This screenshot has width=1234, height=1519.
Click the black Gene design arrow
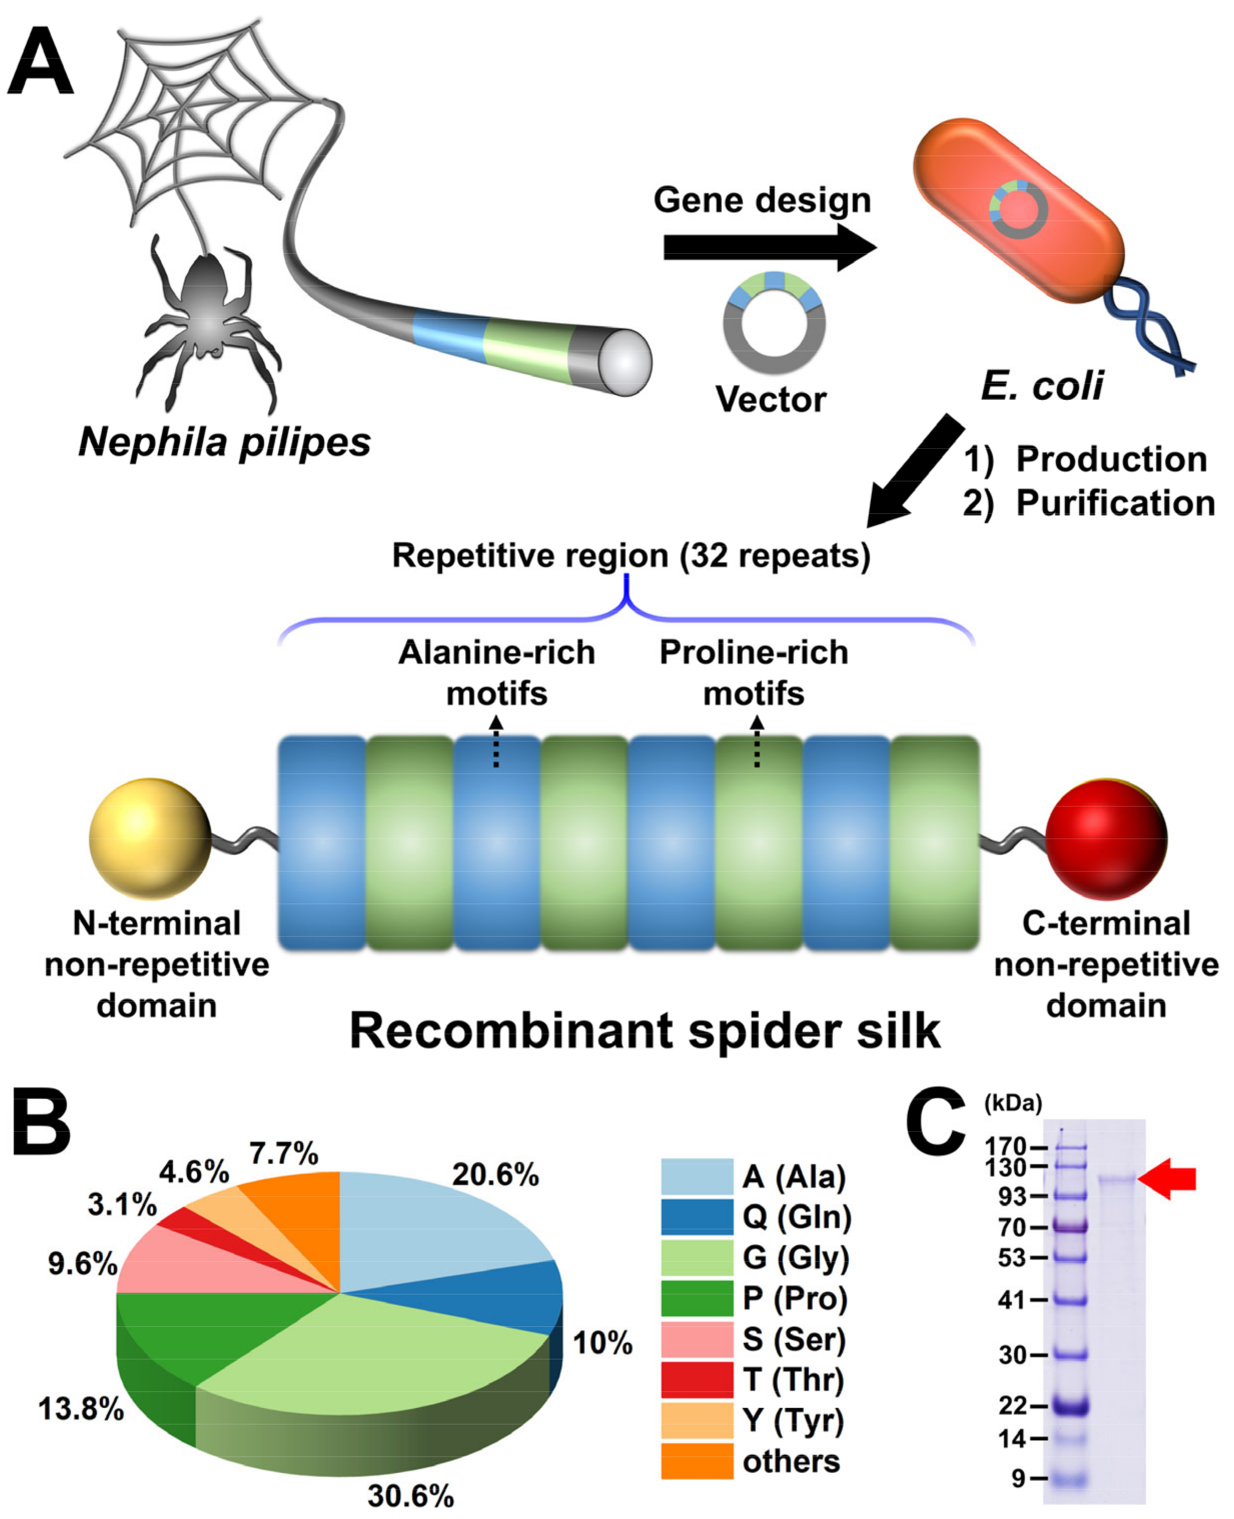pos(768,247)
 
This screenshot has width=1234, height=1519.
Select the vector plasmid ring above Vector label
pos(774,323)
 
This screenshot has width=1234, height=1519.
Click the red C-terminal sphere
pos(1105,839)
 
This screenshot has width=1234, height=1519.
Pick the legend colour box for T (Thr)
pos(697,1380)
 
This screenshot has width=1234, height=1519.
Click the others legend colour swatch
pos(697,1461)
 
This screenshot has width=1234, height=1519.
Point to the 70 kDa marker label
pos(1012,1228)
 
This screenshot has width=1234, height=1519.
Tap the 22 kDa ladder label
pos(1012,1405)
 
